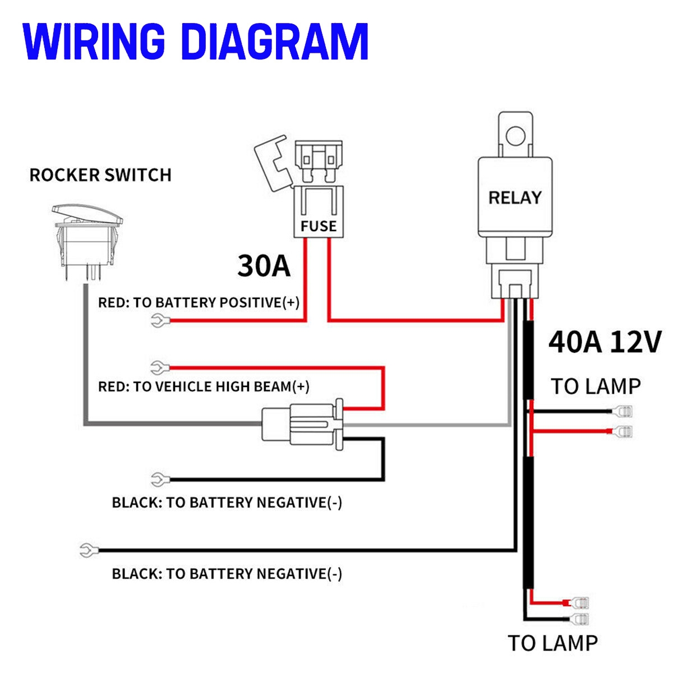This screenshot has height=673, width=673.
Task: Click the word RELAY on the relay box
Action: [x=515, y=197]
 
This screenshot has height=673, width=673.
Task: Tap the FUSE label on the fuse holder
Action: [x=318, y=226]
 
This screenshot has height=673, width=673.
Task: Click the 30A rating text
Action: [x=264, y=266]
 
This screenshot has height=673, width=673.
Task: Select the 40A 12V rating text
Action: [x=605, y=342]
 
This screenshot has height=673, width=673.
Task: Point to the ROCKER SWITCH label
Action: [x=100, y=175]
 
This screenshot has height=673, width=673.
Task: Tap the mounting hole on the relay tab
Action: [x=514, y=136]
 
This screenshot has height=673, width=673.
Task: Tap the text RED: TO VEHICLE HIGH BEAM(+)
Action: [x=204, y=386]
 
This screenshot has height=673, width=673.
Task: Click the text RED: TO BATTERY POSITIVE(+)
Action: [x=199, y=303]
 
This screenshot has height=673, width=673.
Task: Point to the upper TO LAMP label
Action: [x=595, y=386]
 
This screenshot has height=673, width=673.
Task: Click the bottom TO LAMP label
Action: [x=552, y=643]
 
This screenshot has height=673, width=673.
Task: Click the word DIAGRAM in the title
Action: [x=275, y=42]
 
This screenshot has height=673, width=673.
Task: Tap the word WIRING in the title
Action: [x=94, y=42]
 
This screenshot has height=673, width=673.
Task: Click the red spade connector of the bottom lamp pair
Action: [x=581, y=603]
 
